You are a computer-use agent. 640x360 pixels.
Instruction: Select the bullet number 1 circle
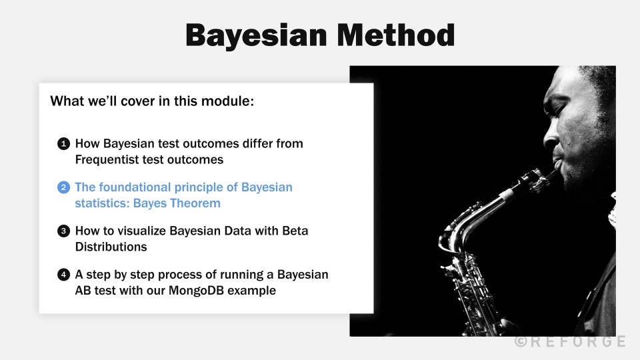point(63,143)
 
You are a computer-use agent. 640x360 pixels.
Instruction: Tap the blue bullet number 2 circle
point(63,187)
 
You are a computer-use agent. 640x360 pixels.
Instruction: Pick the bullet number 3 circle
point(63,231)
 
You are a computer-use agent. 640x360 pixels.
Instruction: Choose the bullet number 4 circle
point(63,275)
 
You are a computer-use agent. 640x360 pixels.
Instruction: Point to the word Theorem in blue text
point(196,203)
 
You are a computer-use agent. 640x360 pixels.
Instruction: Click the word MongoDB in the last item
point(193,291)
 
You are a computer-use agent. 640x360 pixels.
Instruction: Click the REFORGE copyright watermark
point(570,341)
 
